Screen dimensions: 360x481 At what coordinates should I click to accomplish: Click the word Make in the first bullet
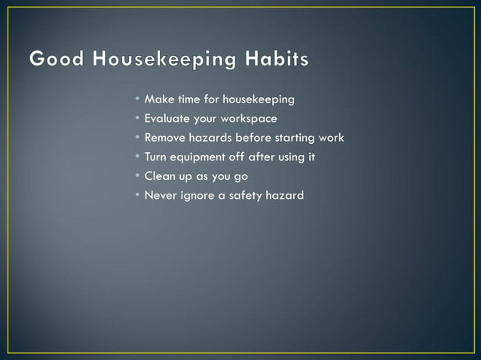click(158, 99)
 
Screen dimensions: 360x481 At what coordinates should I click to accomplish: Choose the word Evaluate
click(167, 119)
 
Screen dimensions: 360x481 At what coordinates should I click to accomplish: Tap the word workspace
click(249, 119)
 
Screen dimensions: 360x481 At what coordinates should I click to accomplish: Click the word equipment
click(198, 157)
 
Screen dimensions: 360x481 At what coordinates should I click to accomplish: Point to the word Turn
click(156, 157)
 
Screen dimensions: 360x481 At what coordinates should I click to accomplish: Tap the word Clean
click(159, 176)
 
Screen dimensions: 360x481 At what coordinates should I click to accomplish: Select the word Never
click(161, 196)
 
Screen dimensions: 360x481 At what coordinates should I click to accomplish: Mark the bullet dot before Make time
click(137, 99)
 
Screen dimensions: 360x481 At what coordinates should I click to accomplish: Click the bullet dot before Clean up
click(137, 176)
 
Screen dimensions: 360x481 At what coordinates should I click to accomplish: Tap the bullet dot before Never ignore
click(137, 196)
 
